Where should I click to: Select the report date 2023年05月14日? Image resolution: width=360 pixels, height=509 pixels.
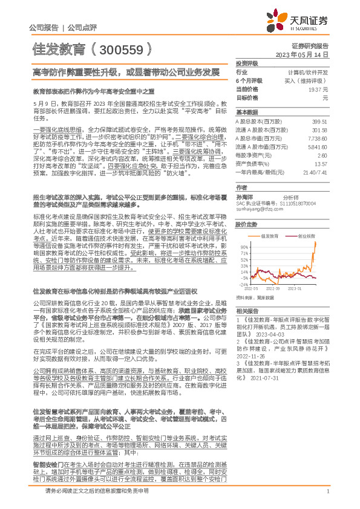[302, 54]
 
